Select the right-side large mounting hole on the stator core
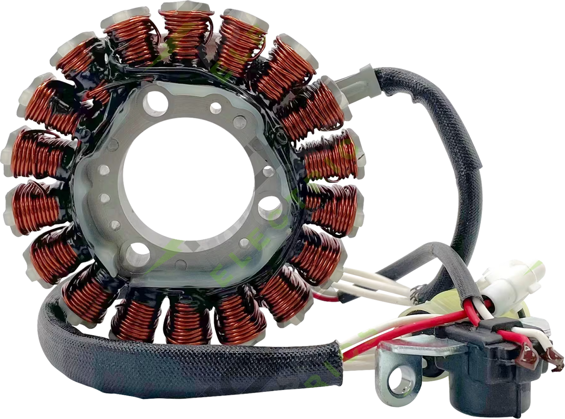click(x=270, y=206)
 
